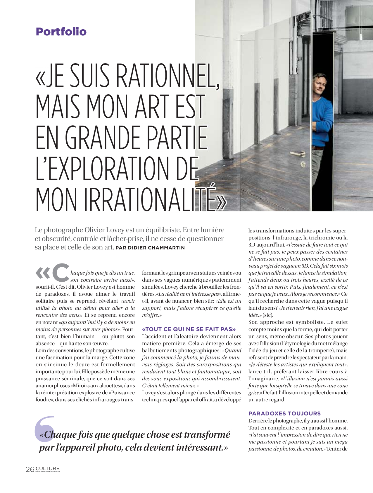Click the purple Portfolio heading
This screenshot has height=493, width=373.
61,32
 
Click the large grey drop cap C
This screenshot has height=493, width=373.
61,273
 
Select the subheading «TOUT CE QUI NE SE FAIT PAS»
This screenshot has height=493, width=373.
189,329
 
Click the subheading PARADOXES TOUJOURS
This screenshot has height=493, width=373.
284,413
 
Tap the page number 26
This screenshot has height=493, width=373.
30,469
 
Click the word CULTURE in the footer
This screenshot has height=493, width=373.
48,468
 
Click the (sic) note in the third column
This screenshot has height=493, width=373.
267,315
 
